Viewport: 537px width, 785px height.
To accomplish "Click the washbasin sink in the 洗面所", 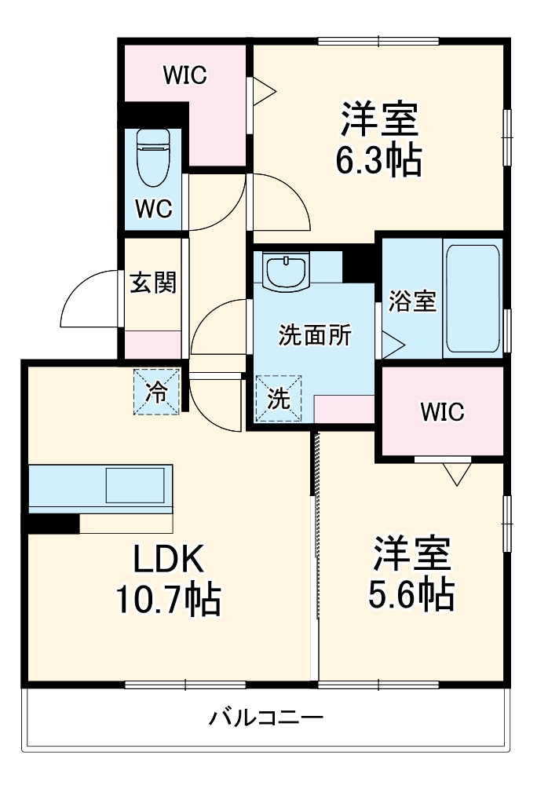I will (287, 272).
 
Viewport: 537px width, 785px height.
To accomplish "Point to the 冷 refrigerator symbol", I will (157, 390).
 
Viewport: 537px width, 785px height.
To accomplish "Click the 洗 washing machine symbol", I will (279, 399).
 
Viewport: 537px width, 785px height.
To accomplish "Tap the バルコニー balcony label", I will (267, 717).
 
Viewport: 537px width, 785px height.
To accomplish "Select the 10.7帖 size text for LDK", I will (168, 601).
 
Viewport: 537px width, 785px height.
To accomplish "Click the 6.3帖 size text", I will (379, 161).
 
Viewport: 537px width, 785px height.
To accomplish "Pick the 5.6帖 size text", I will (411, 594).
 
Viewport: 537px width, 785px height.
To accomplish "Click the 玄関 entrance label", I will (152, 282).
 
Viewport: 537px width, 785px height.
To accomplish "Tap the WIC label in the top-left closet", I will (184, 75).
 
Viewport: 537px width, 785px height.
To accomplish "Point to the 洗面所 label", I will (316, 335).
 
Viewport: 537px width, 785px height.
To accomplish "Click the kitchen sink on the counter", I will (136, 485).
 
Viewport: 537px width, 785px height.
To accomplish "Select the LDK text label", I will (168, 559).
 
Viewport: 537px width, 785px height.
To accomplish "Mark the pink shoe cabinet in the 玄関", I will (152, 344).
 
